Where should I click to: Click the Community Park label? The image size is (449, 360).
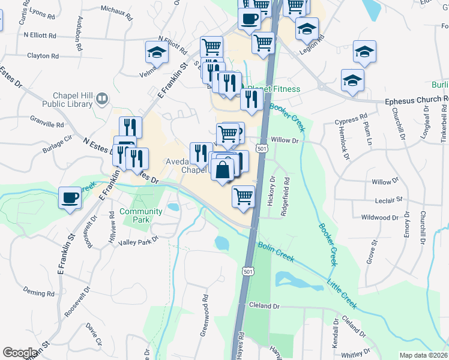tap(140, 215)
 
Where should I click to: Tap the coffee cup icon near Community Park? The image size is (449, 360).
tap(70, 197)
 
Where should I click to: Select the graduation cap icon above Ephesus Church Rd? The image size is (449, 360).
tap(352, 80)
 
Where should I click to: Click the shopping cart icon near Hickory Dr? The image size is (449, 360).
tap(243, 195)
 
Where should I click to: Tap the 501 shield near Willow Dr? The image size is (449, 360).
tap(261, 148)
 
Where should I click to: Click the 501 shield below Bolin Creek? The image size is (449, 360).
tap(247, 272)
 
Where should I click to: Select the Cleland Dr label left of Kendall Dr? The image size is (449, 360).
tap(264, 306)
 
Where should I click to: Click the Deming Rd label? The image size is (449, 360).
tap(38, 293)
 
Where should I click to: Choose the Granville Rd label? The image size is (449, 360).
tap(50, 125)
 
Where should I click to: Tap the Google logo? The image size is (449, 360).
tap(20, 353)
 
